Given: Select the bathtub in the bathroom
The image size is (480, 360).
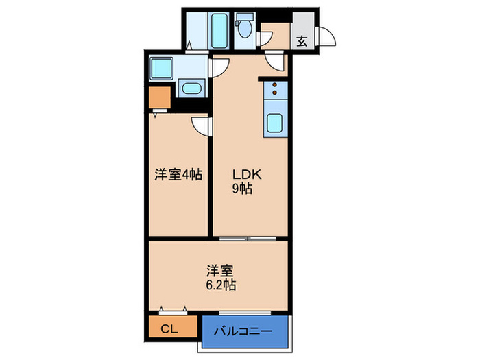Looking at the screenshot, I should [220, 29].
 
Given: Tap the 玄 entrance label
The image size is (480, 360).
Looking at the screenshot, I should [301, 40].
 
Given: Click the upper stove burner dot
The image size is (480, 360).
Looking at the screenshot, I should [275, 86].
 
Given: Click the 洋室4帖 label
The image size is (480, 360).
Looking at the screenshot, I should [178, 174].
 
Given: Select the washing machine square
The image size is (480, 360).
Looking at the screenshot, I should [163, 69].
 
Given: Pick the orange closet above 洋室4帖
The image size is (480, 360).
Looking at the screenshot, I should [159, 98].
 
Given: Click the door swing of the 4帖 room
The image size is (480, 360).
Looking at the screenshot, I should [201, 125].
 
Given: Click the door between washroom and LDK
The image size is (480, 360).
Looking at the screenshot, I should [219, 67].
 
